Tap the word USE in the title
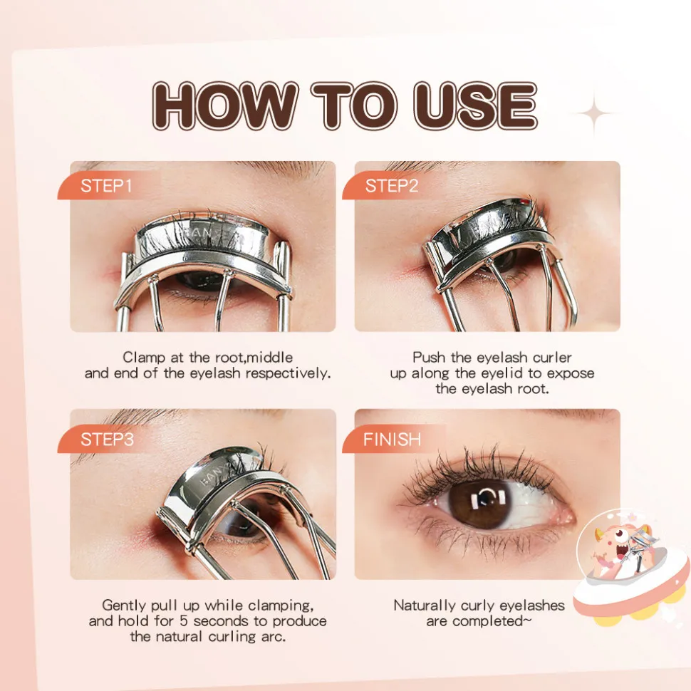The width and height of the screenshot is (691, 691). (474, 105)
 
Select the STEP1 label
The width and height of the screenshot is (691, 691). (106, 186)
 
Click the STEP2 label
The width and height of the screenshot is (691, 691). (392, 186)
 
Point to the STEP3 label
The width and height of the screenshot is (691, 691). (107, 440)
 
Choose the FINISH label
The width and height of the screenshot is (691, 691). (392, 440)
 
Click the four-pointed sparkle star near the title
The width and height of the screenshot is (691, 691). (593, 114)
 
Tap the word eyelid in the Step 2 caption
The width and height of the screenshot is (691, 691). (502, 374)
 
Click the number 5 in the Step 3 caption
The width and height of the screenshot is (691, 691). (184, 621)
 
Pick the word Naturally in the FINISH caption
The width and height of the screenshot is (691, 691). (425, 606)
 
